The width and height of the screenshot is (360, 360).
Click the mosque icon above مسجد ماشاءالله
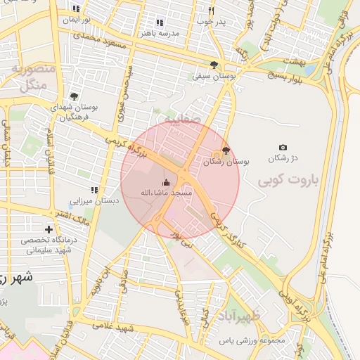166,182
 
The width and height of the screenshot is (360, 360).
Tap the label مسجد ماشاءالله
166,193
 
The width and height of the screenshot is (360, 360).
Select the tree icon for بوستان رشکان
225,150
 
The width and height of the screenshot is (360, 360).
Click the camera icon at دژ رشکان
283,147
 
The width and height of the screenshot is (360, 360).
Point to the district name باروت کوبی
288,181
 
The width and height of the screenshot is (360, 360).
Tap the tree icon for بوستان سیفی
214,65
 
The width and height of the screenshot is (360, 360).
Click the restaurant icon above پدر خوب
210,11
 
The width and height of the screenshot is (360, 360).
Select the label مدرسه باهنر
160,33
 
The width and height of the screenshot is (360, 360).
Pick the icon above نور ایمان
76,8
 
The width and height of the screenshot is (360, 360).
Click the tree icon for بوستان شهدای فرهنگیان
74,96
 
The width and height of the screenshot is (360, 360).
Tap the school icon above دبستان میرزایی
94,190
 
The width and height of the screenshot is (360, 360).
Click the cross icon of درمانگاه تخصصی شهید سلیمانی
49,230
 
